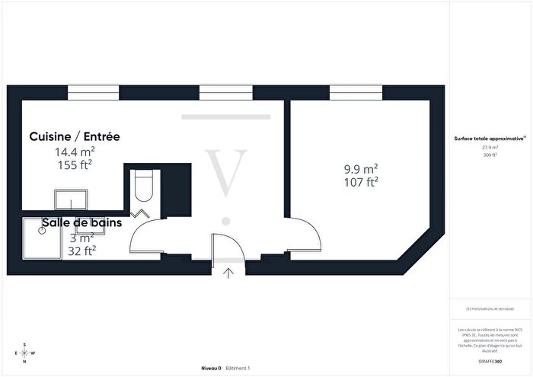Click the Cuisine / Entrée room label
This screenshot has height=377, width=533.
75,137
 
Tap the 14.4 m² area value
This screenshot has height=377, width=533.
73,151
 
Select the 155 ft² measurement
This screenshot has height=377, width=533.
73,163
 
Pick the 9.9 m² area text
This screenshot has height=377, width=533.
362,169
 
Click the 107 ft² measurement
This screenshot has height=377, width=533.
362,181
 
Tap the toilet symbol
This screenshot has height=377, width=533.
143,184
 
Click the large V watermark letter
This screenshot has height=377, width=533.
225,171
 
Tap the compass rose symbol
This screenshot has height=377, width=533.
24,353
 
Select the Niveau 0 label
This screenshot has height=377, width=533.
211,368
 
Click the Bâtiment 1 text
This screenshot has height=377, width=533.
238,368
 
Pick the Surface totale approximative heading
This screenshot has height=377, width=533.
489,139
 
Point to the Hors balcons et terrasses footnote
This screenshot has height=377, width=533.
490,308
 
